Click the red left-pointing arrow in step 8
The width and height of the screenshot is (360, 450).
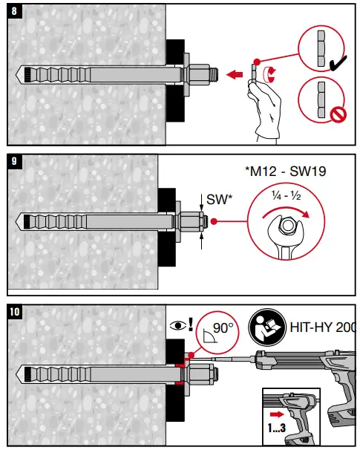(235, 74)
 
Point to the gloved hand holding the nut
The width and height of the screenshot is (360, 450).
(266, 111)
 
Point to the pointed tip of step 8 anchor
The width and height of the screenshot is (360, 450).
(18, 74)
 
